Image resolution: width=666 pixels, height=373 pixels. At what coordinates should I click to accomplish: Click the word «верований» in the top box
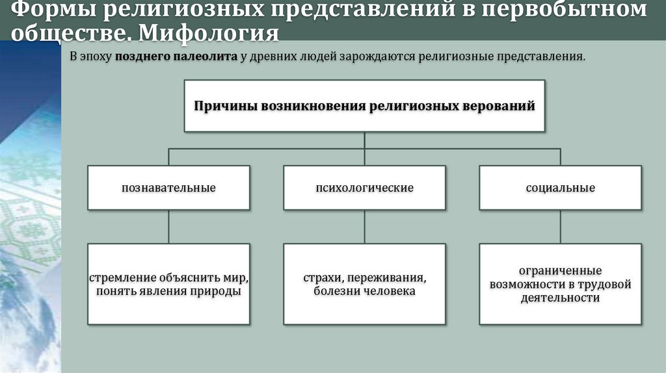pyautogui.click(x=498, y=105)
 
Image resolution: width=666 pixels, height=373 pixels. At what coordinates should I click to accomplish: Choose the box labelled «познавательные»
pyautogui.click(x=168, y=188)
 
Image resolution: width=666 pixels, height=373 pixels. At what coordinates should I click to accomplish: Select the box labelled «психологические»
pyautogui.click(x=364, y=188)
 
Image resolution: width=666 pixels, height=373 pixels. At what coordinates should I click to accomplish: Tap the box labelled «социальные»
pyautogui.click(x=561, y=188)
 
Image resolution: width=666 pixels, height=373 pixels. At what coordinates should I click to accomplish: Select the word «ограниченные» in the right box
pyautogui.click(x=560, y=270)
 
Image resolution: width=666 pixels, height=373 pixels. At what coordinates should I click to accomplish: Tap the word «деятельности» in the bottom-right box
pyautogui.click(x=560, y=298)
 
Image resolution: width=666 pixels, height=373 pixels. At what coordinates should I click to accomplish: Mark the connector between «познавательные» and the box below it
pyautogui.click(x=168, y=226)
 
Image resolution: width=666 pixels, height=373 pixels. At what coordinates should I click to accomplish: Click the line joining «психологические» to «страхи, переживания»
pyautogui.click(x=364, y=226)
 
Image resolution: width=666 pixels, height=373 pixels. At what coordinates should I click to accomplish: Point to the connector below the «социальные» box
pyautogui.click(x=561, y=226)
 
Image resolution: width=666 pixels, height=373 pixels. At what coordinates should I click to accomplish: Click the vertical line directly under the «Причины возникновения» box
pyautogui.click(x=364, y=140)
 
